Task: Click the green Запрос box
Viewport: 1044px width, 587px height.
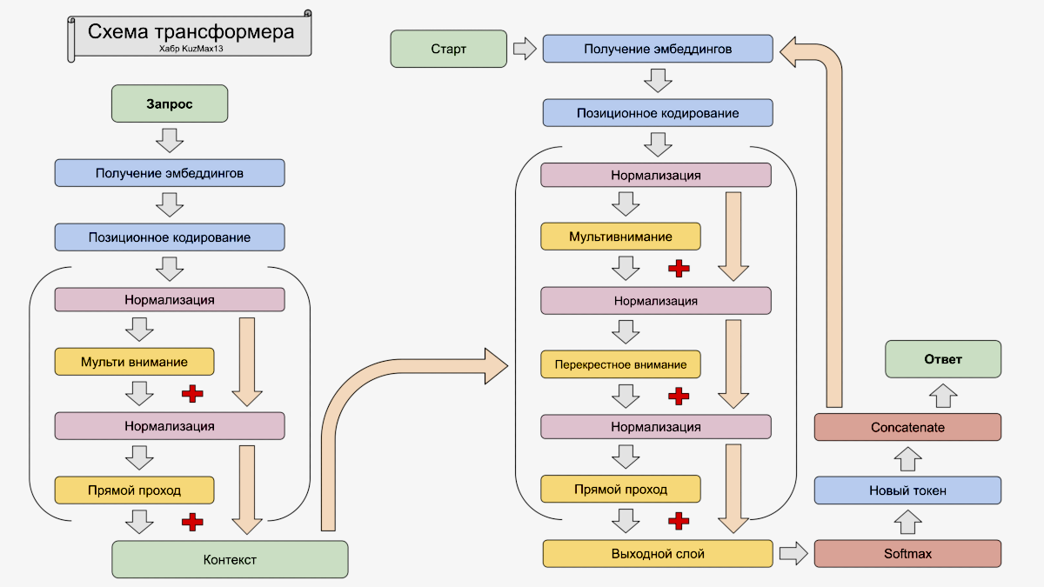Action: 170,103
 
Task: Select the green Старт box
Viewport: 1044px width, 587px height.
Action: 449,49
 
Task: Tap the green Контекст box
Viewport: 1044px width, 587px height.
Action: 230,559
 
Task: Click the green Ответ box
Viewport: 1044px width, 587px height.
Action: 943,359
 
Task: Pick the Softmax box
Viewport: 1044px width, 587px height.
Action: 907,554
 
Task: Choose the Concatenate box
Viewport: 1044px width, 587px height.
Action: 907,427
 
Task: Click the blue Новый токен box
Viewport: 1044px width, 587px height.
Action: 907,490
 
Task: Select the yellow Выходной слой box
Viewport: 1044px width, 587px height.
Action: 658,553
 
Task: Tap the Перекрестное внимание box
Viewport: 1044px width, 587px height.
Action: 620,364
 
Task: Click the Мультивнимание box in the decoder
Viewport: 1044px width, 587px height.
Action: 620,237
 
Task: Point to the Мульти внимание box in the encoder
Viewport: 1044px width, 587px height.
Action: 134,362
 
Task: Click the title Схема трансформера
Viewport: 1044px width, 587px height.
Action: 191,32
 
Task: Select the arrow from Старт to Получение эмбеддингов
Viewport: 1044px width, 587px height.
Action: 525,49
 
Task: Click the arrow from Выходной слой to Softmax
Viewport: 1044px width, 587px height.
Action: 793,553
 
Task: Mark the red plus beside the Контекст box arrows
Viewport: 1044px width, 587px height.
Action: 192,522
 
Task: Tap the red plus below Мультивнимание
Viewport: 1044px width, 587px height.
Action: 679,268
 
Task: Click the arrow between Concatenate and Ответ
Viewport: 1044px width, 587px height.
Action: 942,396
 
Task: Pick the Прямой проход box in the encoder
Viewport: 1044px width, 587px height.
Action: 134,490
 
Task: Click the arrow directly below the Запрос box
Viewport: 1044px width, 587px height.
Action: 169,139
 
